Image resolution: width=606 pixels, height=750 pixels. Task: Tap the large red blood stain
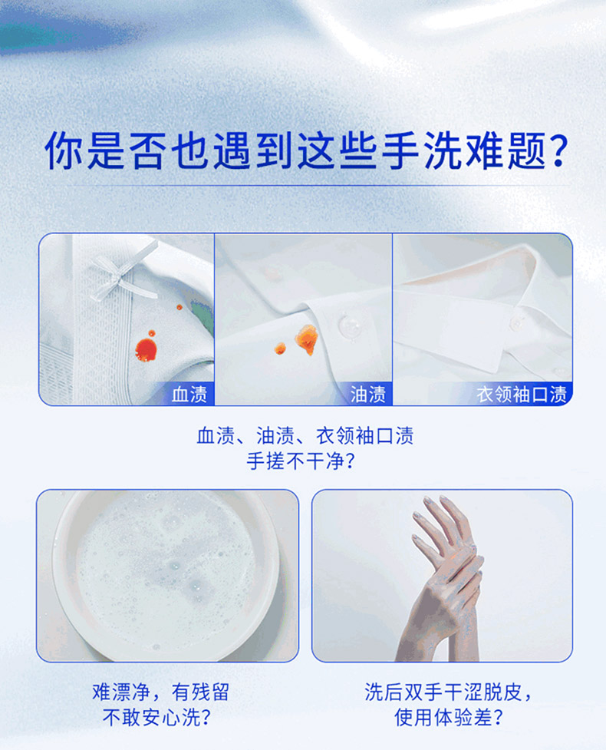tap(146, 350)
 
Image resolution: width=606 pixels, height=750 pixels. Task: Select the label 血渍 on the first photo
tap(189, 395)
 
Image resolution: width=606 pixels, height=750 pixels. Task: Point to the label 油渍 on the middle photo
tap(368, 395)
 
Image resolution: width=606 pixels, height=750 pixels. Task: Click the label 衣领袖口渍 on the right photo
tap(522, 395)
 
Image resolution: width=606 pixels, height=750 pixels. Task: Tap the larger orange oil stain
tap(306, 339)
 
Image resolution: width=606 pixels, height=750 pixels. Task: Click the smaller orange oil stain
tap(280, 349)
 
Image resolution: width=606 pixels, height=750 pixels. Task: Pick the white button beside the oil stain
tap(349, 325)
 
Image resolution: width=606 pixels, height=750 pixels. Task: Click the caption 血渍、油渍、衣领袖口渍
tap(305, 436)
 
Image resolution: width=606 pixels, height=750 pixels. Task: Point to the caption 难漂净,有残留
tap(161, 692)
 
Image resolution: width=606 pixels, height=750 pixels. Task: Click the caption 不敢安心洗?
tap(157, 718)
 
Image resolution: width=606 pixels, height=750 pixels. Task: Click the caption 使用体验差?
tap(448, 718)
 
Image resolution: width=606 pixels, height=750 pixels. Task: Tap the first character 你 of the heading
tap(64, 150)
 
